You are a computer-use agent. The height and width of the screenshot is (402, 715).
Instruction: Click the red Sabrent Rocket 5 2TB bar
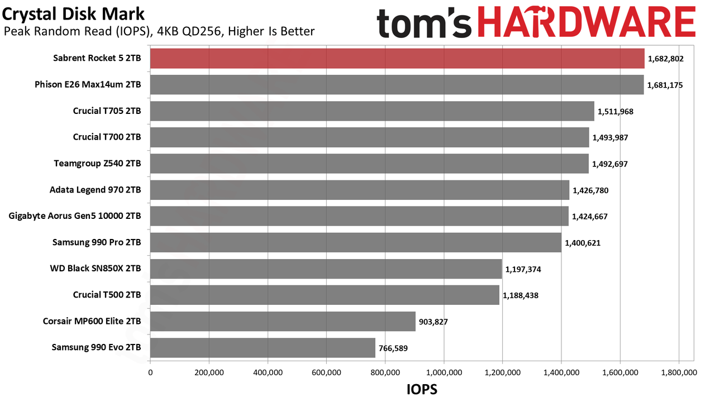pos(397,59)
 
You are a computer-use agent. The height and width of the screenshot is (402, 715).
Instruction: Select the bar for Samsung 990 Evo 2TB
pos(263,348)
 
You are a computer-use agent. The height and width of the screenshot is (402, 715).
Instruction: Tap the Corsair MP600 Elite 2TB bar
pos(283,321)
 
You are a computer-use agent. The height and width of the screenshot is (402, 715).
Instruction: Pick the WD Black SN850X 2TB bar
pos(326,269)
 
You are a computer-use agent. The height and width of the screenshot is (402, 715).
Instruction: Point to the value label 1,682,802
pos(665,59)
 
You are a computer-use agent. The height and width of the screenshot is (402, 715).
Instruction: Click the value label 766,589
pos(393,348)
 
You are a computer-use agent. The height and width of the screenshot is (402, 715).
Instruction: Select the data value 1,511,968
pos(616,112)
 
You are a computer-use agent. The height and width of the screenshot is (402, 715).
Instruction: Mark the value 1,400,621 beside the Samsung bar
pos(583,243)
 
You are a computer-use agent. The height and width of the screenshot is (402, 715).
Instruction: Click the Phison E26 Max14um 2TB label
pos(88,84)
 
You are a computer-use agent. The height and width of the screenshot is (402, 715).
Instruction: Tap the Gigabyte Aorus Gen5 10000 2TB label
pos(75,216)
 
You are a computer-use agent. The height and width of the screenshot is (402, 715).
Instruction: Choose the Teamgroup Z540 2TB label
pos(97,164)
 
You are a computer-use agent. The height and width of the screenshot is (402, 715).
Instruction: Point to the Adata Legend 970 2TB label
pos(95,190)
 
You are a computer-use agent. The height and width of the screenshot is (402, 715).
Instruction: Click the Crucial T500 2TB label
pos(107,295)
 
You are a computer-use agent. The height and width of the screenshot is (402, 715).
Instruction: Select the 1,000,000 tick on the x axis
pos(444,372)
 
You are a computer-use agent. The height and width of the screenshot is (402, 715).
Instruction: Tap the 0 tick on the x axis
pos(150,372)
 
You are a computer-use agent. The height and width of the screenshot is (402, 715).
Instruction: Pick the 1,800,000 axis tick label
pos(679,372)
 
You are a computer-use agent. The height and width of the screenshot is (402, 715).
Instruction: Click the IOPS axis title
pos(422,390)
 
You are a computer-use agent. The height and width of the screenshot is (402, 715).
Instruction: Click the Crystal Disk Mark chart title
pos(73,15)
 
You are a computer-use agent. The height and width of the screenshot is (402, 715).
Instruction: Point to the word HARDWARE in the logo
pos(587,22)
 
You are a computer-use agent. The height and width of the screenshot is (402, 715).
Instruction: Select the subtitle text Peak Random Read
pos(58,31)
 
